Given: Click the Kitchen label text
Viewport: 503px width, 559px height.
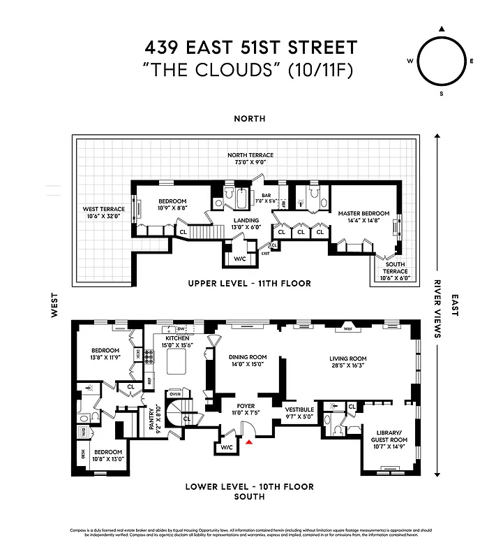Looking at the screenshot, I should [x=177, y=337].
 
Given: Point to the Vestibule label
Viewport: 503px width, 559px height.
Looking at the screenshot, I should [x=300, y=409].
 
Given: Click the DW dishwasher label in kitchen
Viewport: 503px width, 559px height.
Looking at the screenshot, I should [x=180, y=328].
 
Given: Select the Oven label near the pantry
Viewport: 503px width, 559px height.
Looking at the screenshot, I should [x=174, y=394].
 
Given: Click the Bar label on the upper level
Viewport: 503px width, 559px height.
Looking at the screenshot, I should [x=266, y=196].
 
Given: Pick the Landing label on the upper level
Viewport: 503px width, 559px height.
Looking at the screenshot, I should [x=246, y=223].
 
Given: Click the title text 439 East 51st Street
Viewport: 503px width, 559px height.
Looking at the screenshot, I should [x=250, y=48].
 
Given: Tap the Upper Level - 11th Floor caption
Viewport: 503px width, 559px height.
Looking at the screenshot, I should [x=250, y=283].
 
